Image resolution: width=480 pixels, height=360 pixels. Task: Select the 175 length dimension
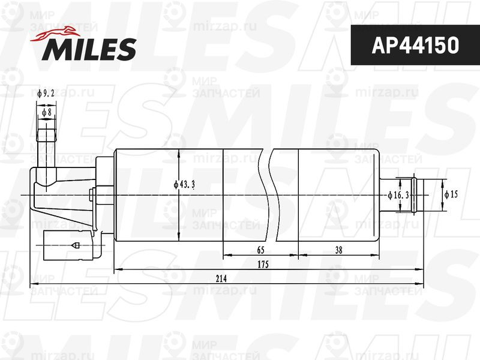point(262,265)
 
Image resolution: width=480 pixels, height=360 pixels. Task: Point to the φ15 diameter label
point(451,195)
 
